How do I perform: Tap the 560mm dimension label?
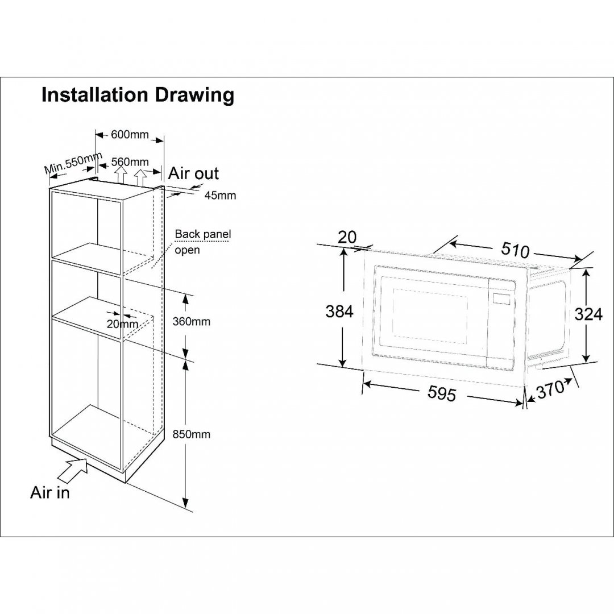coord(130,161)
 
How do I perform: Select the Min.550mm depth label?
coord(73,163)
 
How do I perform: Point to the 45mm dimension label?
coord(221,195)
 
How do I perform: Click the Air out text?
coord(193,173)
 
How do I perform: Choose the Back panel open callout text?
coord(203,242)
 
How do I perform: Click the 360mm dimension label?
coord(192,321)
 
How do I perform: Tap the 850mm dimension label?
coord(192,434)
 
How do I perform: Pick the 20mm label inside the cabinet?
coord(123,324)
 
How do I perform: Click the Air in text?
coord(49,492)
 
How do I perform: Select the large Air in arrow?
coord(73,472)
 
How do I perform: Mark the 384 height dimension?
coord(339,312)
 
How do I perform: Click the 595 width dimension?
coord(442,393)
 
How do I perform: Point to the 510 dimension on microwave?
coord(516,250)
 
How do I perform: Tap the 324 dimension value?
coord(588,314)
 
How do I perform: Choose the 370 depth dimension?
coord(550,389)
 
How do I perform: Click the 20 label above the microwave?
coord(347,237)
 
